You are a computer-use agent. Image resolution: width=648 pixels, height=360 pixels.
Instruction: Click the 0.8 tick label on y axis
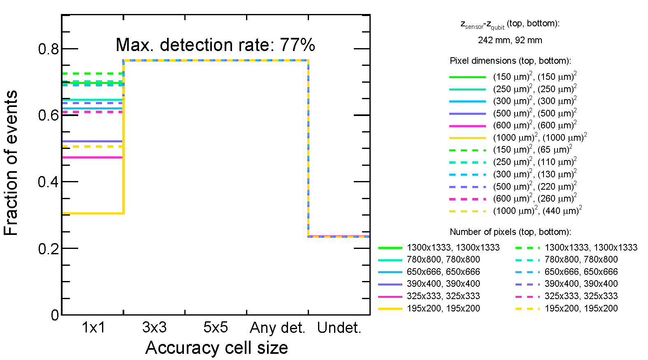coord(49,49)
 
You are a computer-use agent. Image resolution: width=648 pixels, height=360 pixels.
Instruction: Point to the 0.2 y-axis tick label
coord(49,249)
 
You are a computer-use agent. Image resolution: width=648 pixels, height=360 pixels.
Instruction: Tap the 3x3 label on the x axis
coord(154,327)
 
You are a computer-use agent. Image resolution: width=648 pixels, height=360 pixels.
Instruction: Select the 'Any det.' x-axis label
coord(277,328)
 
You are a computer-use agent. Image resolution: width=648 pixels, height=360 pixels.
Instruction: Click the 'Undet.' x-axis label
coord(339,328)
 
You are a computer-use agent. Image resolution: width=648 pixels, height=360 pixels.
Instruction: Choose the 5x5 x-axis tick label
coord(216,327)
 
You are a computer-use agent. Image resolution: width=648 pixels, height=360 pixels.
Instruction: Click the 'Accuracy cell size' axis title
coord(216,348)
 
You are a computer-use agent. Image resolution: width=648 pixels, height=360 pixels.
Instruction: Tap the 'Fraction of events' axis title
coord(11,163)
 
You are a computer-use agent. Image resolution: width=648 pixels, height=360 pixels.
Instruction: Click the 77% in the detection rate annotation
coord(297,45)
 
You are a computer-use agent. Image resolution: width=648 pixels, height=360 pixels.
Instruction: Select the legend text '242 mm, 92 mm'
coord(510,40)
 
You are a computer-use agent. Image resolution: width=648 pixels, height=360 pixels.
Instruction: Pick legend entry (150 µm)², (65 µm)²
coord(532,150)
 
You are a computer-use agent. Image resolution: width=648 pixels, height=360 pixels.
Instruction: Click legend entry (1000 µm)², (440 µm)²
coord(537,211)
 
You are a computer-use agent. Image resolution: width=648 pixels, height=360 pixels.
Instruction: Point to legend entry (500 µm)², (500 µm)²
coord(534,113)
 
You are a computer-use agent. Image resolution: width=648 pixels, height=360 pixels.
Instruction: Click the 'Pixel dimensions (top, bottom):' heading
coord(510,61)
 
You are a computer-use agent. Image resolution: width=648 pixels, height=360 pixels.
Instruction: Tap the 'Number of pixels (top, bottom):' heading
coord(510,232)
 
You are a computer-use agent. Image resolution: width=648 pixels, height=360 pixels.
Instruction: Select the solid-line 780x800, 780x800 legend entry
coord(443,260)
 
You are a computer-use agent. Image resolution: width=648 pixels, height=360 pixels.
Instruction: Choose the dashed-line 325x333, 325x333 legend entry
coord(581,296)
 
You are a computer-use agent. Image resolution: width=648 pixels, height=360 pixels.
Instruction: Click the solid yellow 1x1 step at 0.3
coord(93,213)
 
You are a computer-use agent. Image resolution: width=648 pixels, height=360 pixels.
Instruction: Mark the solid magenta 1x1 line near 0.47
coord(93,157)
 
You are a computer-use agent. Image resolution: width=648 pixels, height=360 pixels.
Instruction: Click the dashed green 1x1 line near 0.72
coord(93,74)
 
